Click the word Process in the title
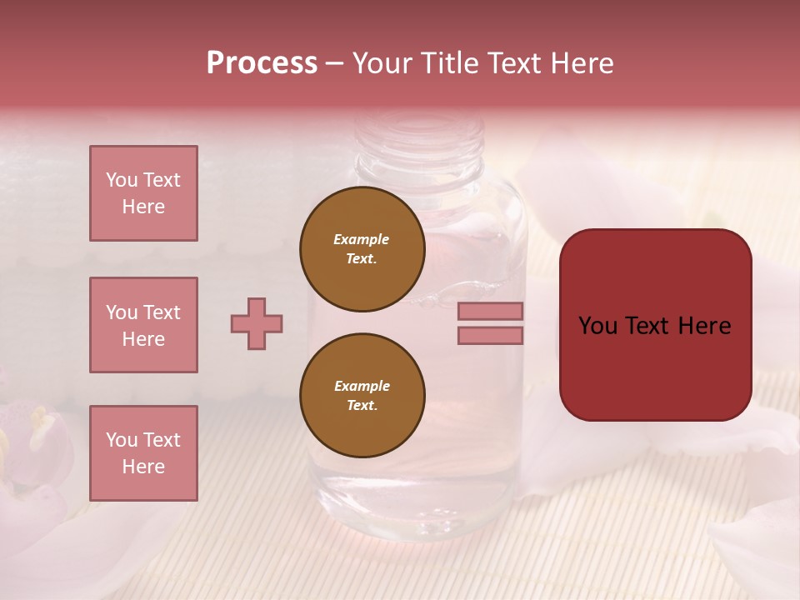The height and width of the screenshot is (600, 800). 262,63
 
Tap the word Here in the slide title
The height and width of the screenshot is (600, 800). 582,63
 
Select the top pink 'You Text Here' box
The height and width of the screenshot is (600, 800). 143,193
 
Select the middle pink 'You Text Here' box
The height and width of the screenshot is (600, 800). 143,325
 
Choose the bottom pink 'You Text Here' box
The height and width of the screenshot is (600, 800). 143,453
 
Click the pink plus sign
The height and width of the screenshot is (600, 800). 257,323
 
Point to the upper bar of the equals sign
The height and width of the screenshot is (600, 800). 490,311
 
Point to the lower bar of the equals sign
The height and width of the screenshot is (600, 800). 490,336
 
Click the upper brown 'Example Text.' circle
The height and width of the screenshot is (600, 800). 362,249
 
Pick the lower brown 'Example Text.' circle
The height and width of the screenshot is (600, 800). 362,396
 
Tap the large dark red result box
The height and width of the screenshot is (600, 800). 655,325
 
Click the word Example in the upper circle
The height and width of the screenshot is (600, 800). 362,239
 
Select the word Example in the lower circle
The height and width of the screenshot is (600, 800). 362,386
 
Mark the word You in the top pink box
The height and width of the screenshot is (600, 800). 120,180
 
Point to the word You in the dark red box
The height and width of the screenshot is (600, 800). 597,325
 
